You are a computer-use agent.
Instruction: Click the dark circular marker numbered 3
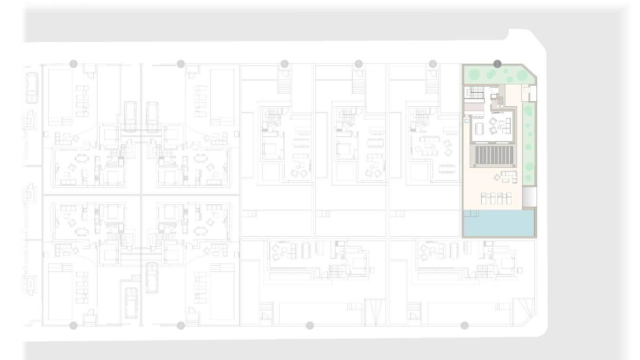point(498,63)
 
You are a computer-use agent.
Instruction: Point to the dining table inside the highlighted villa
point(479,127)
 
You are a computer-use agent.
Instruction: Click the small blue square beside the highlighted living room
point(467,120)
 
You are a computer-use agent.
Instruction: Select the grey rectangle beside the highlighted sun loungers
point(529,197)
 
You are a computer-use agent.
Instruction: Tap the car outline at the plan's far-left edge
point(32,89)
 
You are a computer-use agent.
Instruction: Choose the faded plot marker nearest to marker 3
point(433,63)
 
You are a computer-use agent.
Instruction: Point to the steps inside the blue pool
point(471,214)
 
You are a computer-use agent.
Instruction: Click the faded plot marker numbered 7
point(181,63)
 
